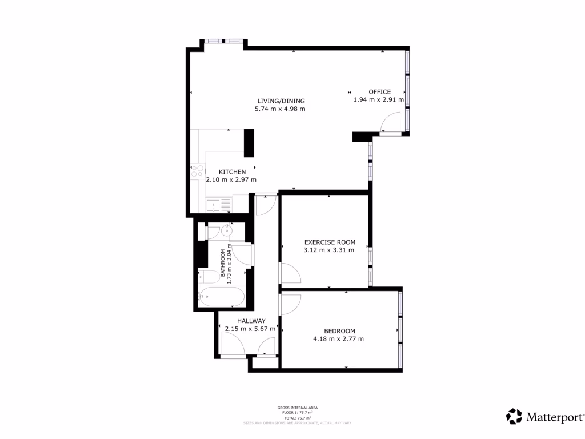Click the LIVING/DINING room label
[x=281, y=101]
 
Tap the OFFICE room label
[x=379, y=91]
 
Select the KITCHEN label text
[x=232, y=171]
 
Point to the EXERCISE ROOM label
[x=330, y=241]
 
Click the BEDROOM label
[x=339, y=331]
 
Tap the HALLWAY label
[x=251, y=321]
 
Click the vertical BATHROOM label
[x=223, y=266]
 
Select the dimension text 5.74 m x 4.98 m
[x=280, y=109]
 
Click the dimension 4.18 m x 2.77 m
[x=338, y=339]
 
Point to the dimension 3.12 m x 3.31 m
[x=329, y=249]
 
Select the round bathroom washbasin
[x=227, y=231]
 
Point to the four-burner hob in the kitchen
[x=197, y=171]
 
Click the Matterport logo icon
[x=514, y=416]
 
